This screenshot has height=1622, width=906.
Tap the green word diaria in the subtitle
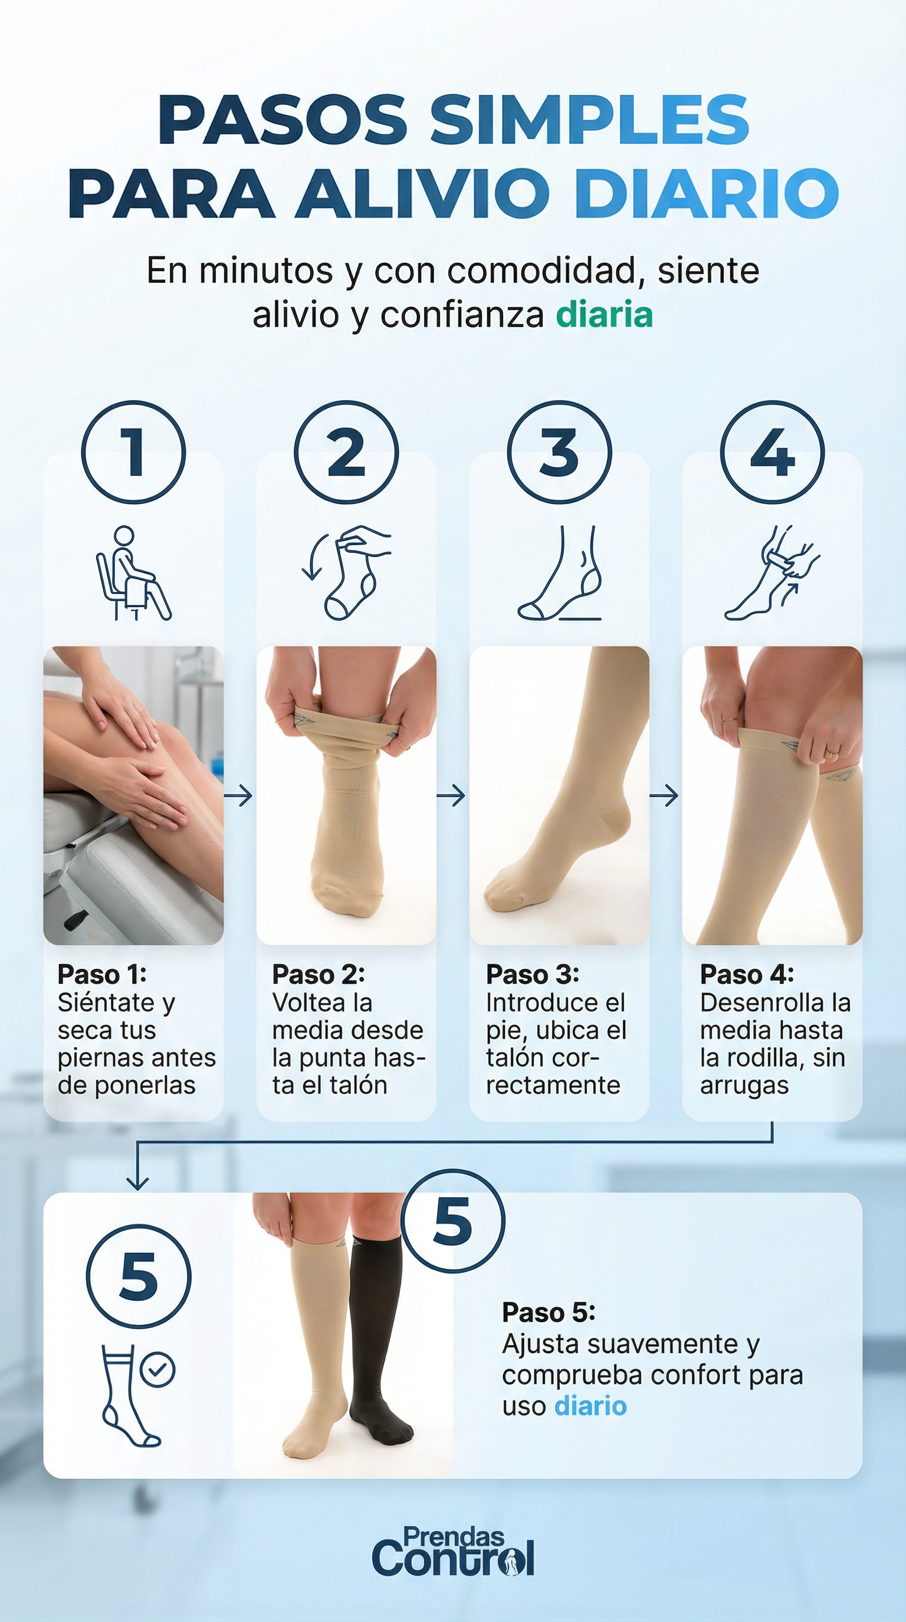[x=604, y=315]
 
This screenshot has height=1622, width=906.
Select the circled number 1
[x=133, y=452]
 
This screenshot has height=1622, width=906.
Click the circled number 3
[x=560, y=452]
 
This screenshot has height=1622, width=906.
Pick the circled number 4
[x=773, y=452]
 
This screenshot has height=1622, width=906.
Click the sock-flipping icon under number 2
[x=346, y=572]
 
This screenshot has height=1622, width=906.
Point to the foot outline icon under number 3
[x=560, y=573]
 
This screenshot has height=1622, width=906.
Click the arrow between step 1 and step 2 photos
[x=238, y=796]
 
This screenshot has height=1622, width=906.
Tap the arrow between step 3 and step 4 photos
[x=664, y=796]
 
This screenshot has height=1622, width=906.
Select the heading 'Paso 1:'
[x=102, y=975]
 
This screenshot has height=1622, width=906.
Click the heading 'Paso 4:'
[x=747, y=975]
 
